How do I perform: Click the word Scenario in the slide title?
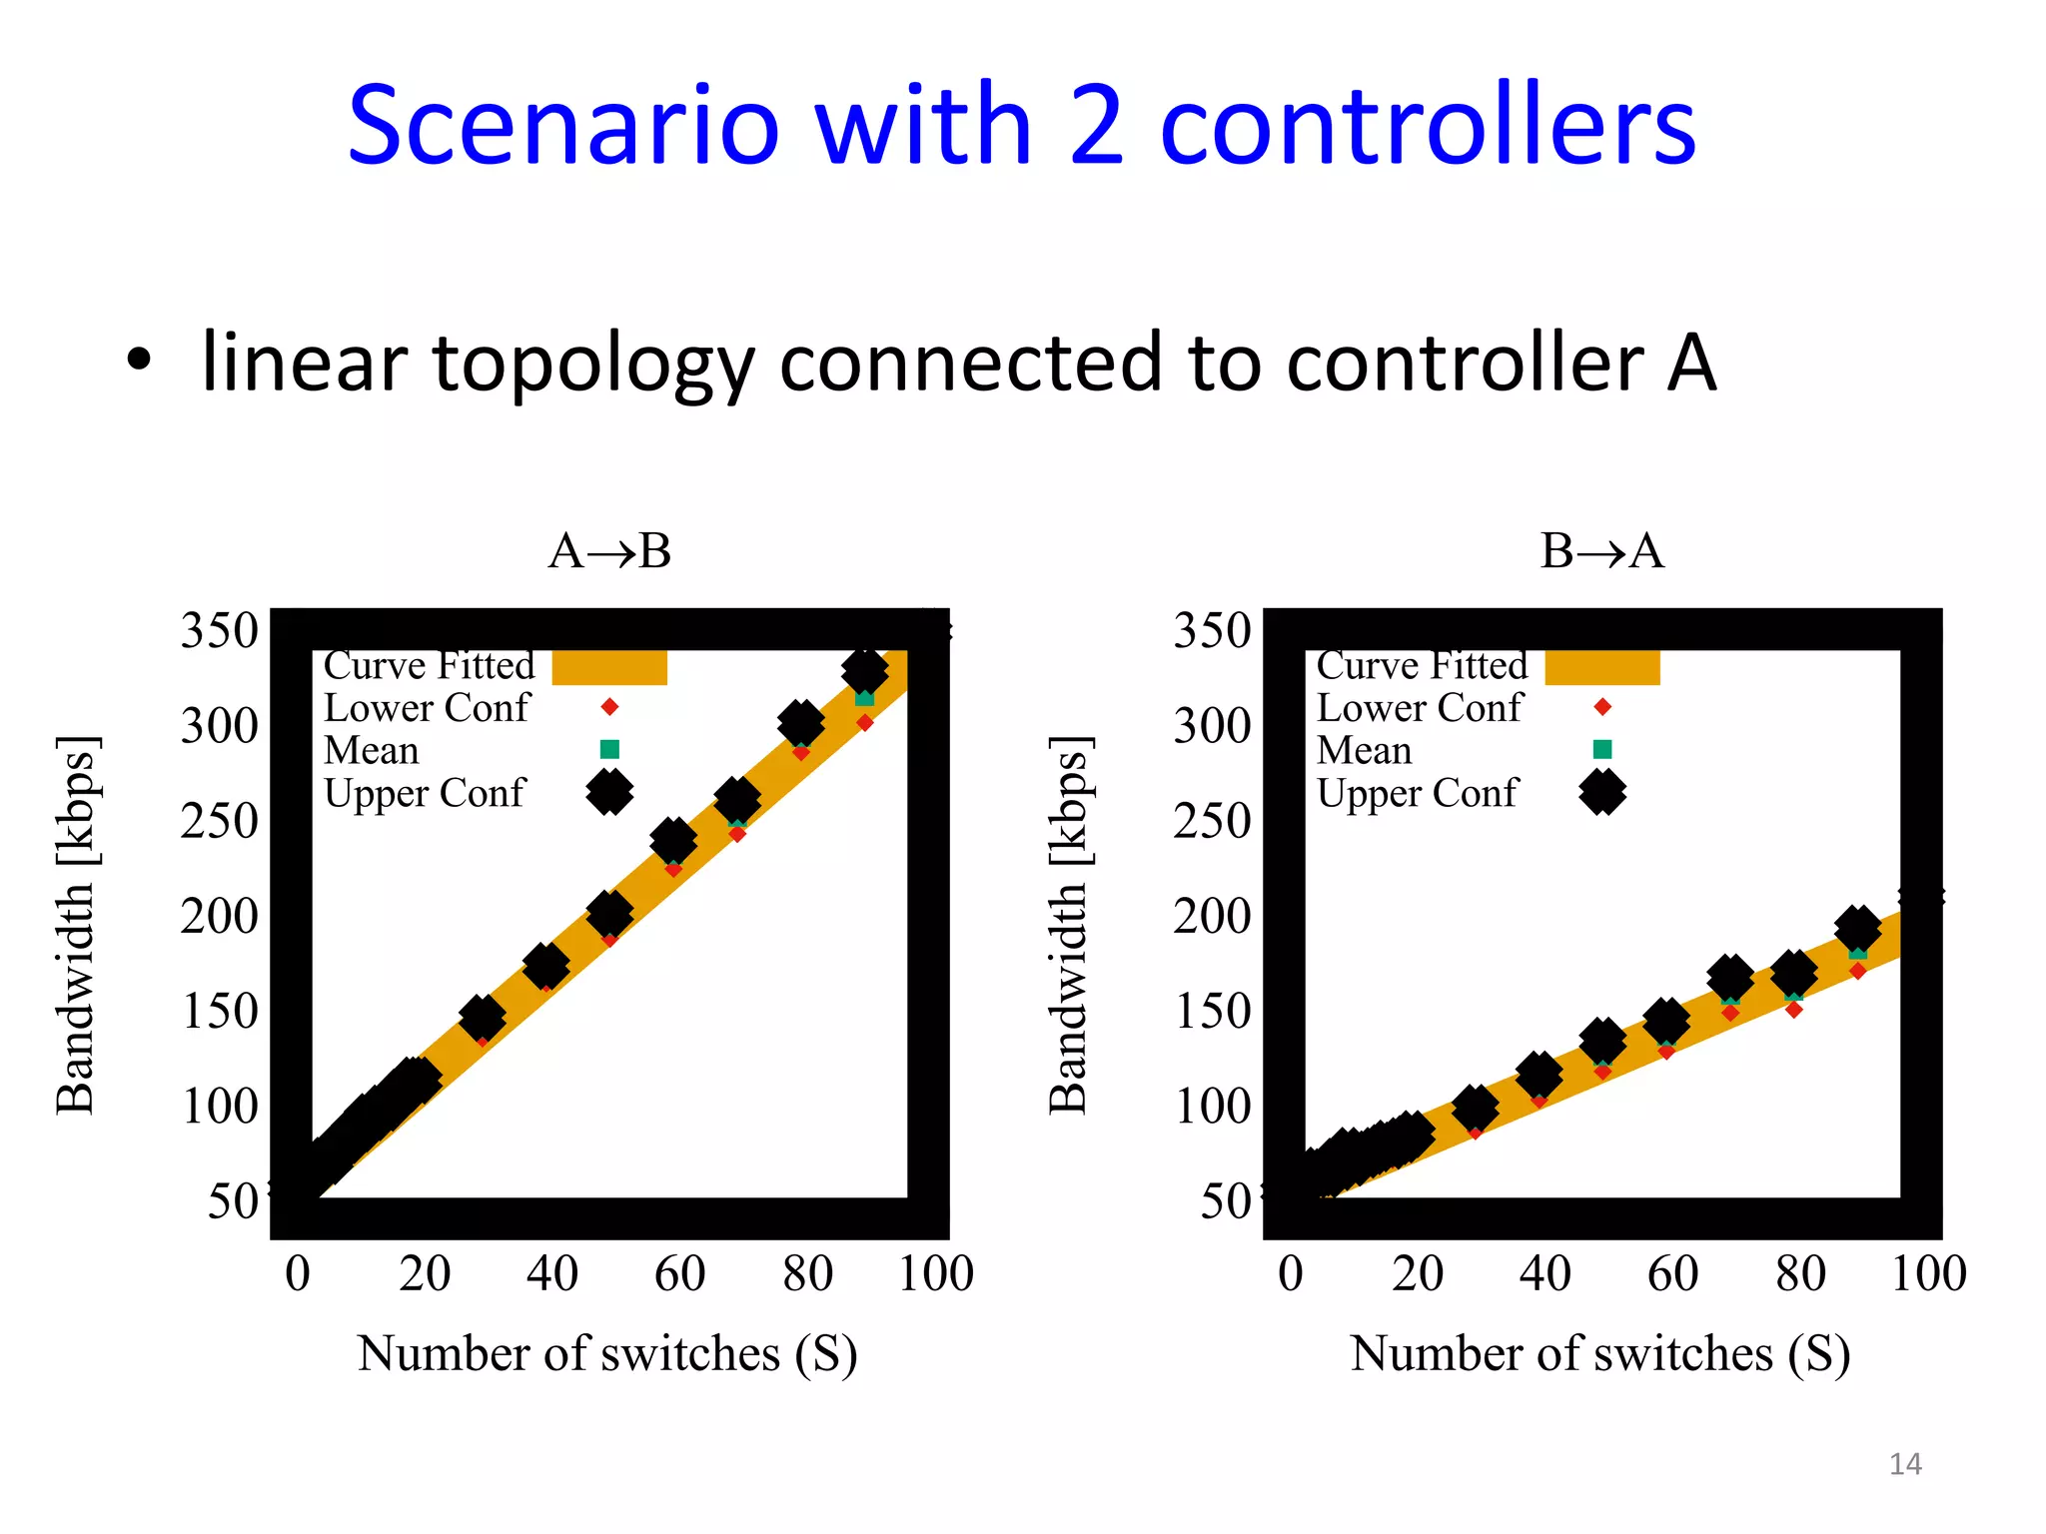pos(562,127)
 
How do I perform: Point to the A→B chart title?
pos(609,551)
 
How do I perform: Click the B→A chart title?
pos(1602,551)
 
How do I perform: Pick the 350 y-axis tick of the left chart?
pos(219,631)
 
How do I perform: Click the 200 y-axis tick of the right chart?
pos(1212,917)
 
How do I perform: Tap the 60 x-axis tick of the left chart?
pos(679,1274)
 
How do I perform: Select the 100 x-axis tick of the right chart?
pos(1928,1274)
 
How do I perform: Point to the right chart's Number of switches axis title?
pos(1600,1355)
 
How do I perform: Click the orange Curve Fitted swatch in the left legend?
pos(609,667)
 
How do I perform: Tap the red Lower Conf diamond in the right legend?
pos(1602,707)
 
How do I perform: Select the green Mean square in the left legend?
pos(609,749)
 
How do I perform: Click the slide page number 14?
pos(1905,1464)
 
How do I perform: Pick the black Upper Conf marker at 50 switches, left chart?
pos(609,913)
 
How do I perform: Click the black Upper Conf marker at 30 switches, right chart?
pos(1475,1108)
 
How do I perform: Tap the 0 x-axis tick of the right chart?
pos(1291,1274)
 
